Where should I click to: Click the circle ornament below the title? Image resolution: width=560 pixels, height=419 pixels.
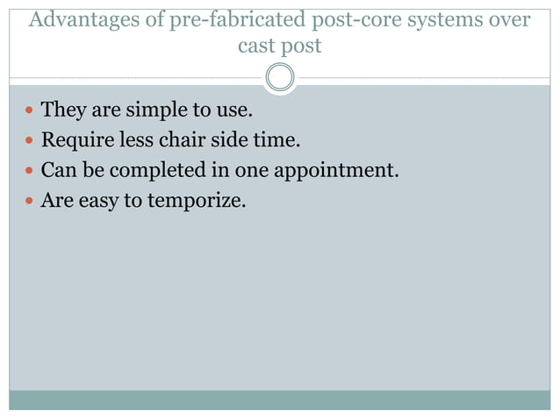pos(280,77)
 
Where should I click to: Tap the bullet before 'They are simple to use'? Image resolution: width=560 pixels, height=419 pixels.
pos(30,111)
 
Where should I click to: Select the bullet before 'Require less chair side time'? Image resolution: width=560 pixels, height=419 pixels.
pos(30,140)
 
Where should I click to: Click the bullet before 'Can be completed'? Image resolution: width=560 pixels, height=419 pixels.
pos(30,170)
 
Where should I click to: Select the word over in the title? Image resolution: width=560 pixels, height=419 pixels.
pos(509,18)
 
